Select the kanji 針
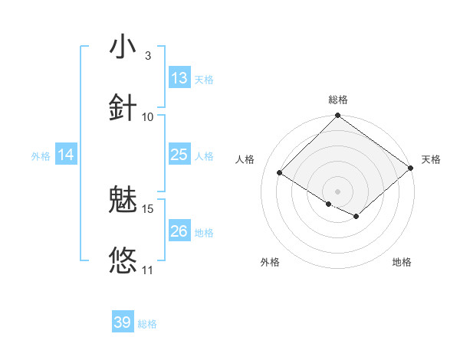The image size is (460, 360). pos(123,106)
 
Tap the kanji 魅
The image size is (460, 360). pos(123,201)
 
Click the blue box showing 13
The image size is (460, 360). pos(179,78)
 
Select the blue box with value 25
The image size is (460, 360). pos(179,155)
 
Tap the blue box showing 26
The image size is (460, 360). pos(179,231)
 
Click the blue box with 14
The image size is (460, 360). pos(66,155)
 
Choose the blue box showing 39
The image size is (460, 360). pos(123,322)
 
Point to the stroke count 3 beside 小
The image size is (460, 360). pos(147,56)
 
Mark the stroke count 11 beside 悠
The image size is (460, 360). pos(148,270)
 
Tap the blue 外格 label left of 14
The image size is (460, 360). pos(41,156)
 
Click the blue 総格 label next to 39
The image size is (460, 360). pos(147,324)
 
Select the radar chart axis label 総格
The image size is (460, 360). pos(338,100)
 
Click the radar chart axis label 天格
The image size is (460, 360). pos(432,159)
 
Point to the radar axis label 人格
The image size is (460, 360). pos(245,159)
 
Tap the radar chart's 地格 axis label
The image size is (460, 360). pos(402,263)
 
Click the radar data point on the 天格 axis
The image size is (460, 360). pos(411,169)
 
